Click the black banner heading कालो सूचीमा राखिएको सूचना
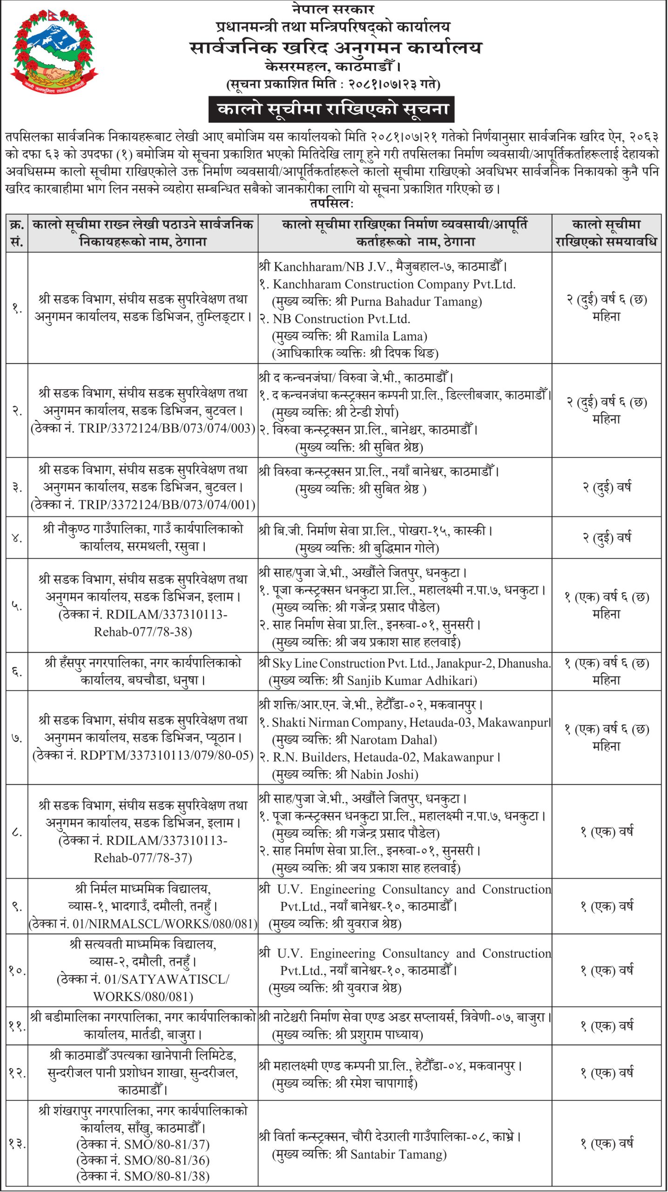tap(331, 109)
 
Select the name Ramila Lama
tap(388, 336)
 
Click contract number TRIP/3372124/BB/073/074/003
tap(166, 428)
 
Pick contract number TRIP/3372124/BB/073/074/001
tap(166, 505)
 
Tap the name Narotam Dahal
tap(393, 740)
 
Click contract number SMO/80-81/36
tap(166, 1160)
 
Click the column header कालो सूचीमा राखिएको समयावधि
tap(606, 233)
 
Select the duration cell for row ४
tap(606, 538)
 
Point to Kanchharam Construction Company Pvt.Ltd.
tap(394, 284)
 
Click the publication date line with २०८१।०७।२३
tap(333, 84)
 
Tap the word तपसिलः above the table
tap(332, 204)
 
